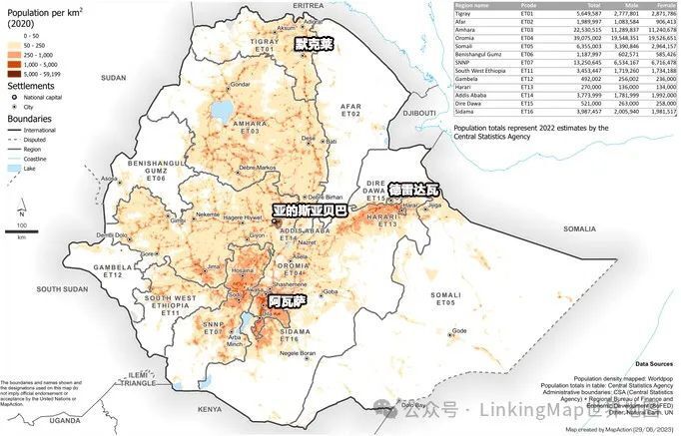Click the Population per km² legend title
tap(34, 11)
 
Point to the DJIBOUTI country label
tap(406, 114)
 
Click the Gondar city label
tap(240, 86)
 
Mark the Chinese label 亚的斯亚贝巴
tap(310, 211)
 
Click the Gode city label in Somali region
tap(458, 330)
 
